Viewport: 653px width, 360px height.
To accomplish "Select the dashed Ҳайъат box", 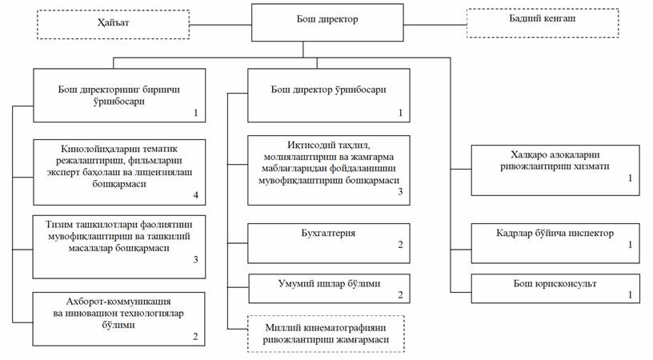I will (112, 24).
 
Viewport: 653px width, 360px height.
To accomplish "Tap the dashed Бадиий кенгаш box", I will (542, 23).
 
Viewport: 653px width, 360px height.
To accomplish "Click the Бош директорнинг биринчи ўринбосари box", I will (119, 95).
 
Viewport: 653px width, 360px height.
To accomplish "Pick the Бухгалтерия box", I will (328, 243).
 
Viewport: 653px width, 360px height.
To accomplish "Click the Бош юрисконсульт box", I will (555, 288).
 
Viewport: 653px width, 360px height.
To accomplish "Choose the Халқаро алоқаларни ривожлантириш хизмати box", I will (555, 170).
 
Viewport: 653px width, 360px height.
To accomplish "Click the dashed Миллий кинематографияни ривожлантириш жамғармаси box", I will (326, 334).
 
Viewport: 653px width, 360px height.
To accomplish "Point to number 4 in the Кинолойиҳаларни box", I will (194, 195).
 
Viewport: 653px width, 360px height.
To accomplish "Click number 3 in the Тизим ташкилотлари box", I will (194, 259).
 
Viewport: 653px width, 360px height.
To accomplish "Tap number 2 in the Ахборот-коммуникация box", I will (194, 336).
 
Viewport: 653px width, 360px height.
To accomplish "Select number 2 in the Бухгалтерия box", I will (400, 245).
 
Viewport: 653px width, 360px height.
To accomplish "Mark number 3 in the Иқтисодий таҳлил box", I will (400, 192).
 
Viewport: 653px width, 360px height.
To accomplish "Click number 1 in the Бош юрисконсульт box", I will (630, 295).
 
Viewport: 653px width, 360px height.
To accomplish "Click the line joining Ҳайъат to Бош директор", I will (220, 24).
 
